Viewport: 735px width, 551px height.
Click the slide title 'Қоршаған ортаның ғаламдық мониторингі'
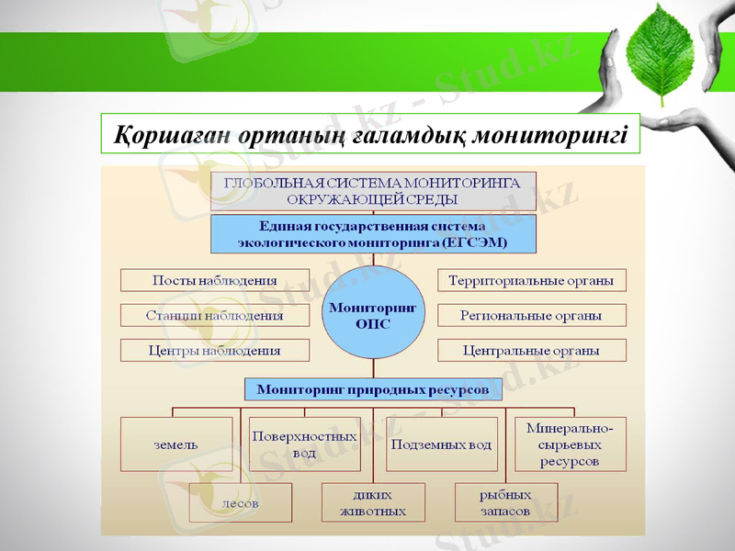pyautogui.click(x=370, y=134)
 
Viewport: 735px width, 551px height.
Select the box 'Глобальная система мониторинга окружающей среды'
pyautogui.click(x=373, y=191)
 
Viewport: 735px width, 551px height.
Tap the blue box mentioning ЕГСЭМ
pyautogui.click(x=373, y=235)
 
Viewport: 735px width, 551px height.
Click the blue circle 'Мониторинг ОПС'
pyautogui.click(x=373, y=315)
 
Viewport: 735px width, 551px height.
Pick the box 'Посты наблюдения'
pyautogui.click(x=215, y=280)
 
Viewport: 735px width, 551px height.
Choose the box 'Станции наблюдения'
pyautogui.click(x=215, y=315)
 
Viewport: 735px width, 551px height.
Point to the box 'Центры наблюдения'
pyautogui.click(x=215, y=350)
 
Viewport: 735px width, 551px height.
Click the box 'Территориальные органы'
pyautogui.click(x=532, y=280)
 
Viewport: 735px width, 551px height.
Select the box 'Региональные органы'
pyautogui.click(x=532, y=315)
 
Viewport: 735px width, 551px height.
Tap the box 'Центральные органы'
pyautogui.click(x=532, y=350)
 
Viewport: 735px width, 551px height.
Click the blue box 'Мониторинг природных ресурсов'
pyautogui.click(x=373, y=388)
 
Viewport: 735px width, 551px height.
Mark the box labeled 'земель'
pyautogui.click(x=176, y=444)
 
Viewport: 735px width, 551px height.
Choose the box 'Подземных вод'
pyautogui.click(x=442, y=444)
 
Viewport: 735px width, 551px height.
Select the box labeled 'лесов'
pyautogui.click(x=241, y=503)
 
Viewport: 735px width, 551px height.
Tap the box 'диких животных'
pyautogui.click(x=373, y=503)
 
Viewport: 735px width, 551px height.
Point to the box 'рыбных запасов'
pyautogui.click(x=505, y=503)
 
